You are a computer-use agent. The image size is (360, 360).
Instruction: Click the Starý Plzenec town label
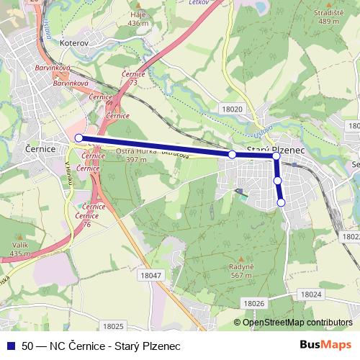[276, 148]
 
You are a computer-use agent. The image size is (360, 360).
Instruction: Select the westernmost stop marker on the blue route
[79, 137]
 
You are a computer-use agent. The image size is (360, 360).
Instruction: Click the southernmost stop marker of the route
[282, 203]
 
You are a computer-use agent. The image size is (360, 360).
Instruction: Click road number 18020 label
[232, 107]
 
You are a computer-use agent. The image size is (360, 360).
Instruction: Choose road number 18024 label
[311, 294]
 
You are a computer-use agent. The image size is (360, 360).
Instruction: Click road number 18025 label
[114, 325]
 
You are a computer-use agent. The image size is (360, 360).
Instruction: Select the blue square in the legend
[10, 346]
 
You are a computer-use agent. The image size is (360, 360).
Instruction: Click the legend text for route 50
[101, 346]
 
